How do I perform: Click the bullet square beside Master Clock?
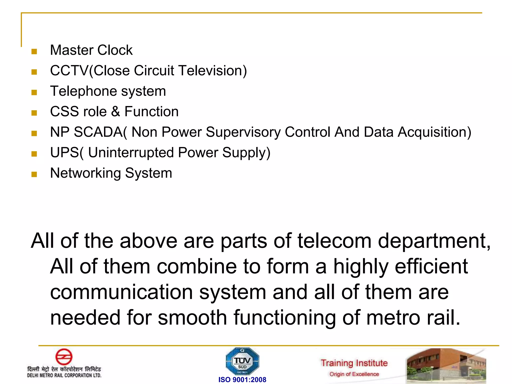click(34, 51)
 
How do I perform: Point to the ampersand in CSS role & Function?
click(115, 111)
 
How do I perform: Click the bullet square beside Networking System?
click(34, 174)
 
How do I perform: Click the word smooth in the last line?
click(192, 317)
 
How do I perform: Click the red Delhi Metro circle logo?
click(64, 357)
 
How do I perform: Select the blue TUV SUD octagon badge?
click(242, 361)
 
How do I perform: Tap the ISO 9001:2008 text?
click(242, 380)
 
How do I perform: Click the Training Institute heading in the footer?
click(354, 363)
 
